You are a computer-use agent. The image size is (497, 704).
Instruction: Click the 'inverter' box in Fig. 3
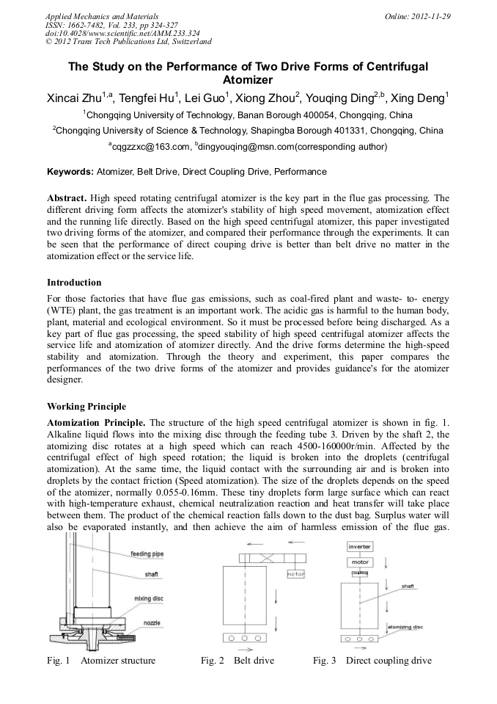[359, 546]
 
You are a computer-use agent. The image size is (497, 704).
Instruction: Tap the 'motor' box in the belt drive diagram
[296, 573]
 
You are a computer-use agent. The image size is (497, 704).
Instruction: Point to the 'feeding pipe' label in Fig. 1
[147, 554]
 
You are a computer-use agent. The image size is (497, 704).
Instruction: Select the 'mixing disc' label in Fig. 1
[148, 598]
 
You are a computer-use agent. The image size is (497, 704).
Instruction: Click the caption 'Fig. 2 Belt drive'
[237, 660]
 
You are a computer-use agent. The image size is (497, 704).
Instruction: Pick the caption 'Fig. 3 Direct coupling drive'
[372, 660]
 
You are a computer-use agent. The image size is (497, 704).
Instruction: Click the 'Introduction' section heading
[74, 282]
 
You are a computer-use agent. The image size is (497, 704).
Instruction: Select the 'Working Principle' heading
[86, 406]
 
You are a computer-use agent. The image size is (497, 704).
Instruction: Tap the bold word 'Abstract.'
[67, 198]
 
